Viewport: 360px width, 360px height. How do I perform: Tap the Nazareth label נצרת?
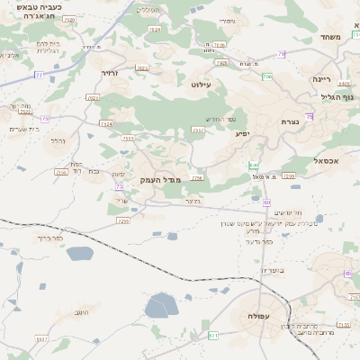pos(290,121)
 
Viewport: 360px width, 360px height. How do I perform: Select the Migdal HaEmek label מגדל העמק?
pos(160,180)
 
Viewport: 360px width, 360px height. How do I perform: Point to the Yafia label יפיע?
pos(243,134)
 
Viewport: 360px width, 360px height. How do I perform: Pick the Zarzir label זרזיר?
pos(110,73)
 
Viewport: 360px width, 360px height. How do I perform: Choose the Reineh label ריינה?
pos(322,78)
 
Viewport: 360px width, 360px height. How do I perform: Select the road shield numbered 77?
pos(39,75)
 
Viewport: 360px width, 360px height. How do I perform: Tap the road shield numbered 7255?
pos(123,220)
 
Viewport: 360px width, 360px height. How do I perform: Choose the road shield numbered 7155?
pos(342,324)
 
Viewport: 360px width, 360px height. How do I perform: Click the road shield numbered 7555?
pos(128,139)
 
